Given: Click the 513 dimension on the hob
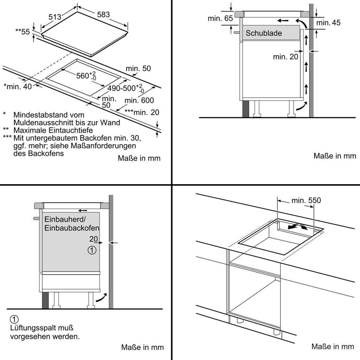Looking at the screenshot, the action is point(55,17).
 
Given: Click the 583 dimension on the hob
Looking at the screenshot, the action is point(103,14).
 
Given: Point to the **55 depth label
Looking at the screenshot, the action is point(22,31).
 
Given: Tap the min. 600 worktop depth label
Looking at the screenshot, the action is point(139,100).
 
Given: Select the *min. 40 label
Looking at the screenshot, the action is point(18,86).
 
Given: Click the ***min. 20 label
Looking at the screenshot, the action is point(142,112).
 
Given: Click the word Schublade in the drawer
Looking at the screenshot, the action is point(264,33).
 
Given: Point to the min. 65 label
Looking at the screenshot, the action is point(220,18).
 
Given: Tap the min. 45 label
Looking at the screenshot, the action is point(328,22).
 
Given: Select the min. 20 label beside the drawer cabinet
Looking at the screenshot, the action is point(285,57).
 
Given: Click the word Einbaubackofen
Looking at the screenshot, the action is point(72,228).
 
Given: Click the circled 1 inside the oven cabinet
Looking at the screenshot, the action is point(92,250).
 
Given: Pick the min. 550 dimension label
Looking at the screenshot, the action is point(306,200).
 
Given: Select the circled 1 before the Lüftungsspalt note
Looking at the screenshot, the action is point(14,319).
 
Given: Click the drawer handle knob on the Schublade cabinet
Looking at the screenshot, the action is point(236,32).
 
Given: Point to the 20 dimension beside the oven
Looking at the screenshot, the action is point(94,239).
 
